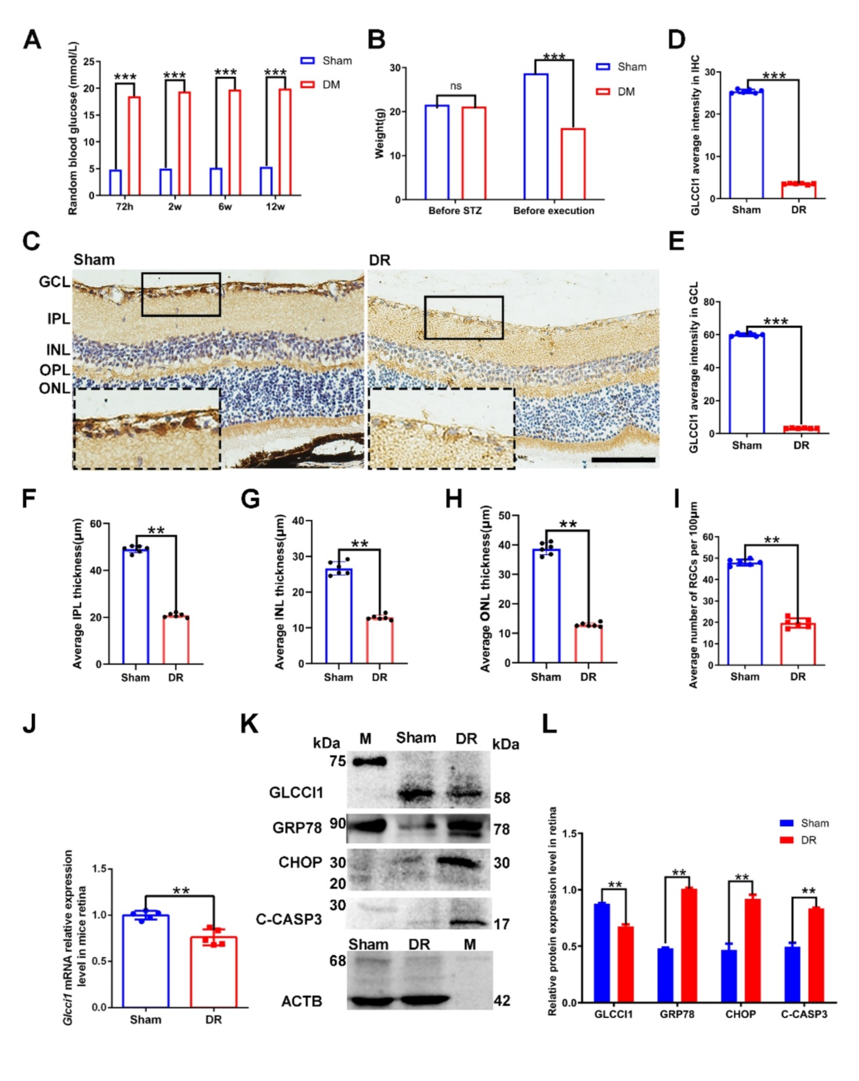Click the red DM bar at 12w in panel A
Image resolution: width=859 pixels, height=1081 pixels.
285,142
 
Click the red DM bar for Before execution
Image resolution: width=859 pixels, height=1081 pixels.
573,163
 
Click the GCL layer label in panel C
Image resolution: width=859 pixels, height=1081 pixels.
54,282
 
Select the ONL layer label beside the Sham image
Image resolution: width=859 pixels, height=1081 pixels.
54,388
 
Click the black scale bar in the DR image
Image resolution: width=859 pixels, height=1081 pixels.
623,459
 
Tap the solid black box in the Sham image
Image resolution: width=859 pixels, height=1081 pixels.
181,294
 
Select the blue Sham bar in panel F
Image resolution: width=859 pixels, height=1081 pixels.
135,606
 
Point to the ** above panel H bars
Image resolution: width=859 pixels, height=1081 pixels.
568,524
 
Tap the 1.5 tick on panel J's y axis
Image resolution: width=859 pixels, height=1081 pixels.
102,869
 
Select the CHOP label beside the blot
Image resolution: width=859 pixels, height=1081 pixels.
300,862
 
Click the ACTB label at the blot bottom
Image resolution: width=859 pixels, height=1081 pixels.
301,1001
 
